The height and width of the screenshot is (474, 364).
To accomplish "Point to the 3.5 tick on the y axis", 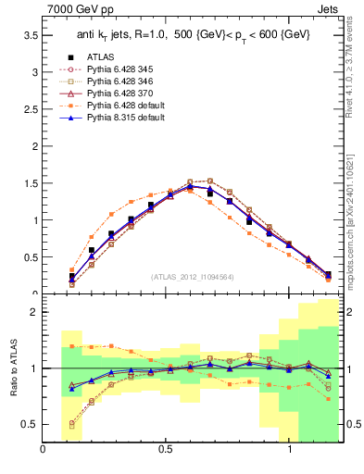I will point(30,34).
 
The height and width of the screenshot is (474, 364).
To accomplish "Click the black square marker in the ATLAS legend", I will point(73,56).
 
